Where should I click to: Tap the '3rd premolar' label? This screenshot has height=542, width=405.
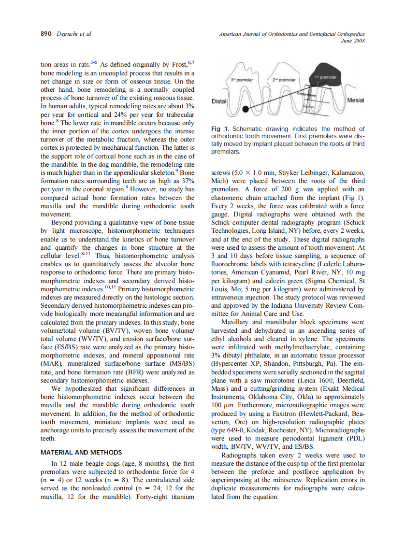click(242, 79)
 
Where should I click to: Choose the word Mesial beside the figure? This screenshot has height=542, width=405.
click(356, 100)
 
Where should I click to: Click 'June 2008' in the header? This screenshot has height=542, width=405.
click(352, 41)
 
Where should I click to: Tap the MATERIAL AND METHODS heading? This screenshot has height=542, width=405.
click(81, 453)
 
